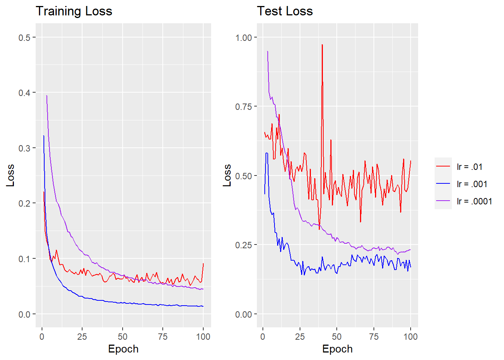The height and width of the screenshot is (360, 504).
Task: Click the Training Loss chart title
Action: click(74, 11)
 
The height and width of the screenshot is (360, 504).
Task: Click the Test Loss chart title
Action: click(285, 11)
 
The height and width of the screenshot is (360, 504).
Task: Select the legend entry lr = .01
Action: click(469, 167)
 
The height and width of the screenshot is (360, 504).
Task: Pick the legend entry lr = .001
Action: click(472, 184)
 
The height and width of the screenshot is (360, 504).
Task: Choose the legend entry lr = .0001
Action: click(474, 201)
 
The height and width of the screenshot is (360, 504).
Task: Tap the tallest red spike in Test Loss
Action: click(322, 45)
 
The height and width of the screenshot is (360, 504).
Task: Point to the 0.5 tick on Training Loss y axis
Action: click(24, 37)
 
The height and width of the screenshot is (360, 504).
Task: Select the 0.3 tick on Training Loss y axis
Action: click(24, 148)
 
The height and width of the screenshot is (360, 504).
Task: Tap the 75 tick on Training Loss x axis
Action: click(163, 336)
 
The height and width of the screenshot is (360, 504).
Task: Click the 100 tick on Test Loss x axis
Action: click(410, 336)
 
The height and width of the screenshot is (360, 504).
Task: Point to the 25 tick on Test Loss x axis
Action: click(300, 336)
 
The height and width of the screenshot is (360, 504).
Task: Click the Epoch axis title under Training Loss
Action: click(123, 349)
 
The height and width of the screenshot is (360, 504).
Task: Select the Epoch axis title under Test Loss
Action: click(337, 349)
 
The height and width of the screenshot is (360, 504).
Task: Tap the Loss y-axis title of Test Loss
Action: click(227, 175)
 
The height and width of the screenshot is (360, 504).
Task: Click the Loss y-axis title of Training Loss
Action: click(10, 175)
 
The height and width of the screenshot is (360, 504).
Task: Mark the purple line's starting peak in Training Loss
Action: click(46, 96)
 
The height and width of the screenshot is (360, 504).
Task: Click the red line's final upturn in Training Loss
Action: click(203, 264)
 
